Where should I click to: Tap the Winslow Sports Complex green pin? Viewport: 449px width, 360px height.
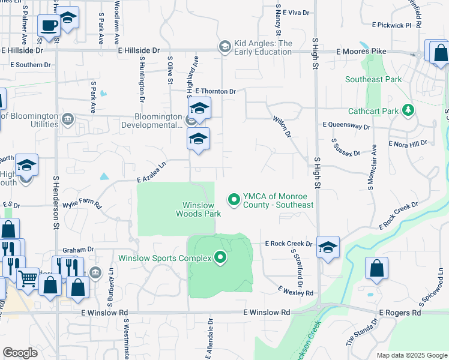220,258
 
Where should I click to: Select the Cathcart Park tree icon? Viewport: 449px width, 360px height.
408,110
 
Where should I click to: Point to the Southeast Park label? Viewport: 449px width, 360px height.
373,79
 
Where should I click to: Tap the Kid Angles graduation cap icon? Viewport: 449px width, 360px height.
225,47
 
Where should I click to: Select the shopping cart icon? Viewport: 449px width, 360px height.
28,278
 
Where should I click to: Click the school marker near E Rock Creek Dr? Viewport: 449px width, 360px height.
328,248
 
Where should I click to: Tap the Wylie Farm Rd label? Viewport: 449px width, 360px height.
82,205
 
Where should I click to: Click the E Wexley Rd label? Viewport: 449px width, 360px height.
295,291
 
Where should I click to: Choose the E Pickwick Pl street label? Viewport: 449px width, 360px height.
391,25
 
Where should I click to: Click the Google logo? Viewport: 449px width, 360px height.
20,353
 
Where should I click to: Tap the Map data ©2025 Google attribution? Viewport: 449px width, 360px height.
411,355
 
